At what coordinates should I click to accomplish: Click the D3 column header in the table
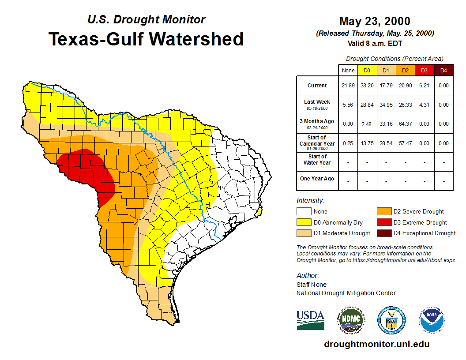tap(424, 71)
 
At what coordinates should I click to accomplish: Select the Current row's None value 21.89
tap(348, 86)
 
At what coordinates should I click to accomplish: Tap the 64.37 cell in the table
tap(405, 124)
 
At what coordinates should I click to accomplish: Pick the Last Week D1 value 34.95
tap(386, 105)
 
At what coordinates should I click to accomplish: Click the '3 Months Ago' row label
tap(317, 124)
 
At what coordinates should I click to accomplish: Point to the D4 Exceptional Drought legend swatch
tap(383, 233)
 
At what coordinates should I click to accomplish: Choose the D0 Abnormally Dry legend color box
tap(304, 222)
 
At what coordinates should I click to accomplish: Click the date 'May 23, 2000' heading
tap(375, 21)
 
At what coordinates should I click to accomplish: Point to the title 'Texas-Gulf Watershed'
tap(146, 39)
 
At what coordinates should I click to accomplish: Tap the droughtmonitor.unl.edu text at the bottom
tap(376, 344)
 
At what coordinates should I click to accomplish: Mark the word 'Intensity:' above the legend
tap(310, 201)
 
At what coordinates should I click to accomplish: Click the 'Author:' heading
tap(308, 276)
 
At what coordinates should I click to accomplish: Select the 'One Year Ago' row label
tap(317, 179)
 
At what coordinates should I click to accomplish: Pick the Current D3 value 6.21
tap(424, 86)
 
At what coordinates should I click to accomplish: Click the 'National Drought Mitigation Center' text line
tap(346, 293)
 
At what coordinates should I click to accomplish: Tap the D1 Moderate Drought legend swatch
tap(304, 233)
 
